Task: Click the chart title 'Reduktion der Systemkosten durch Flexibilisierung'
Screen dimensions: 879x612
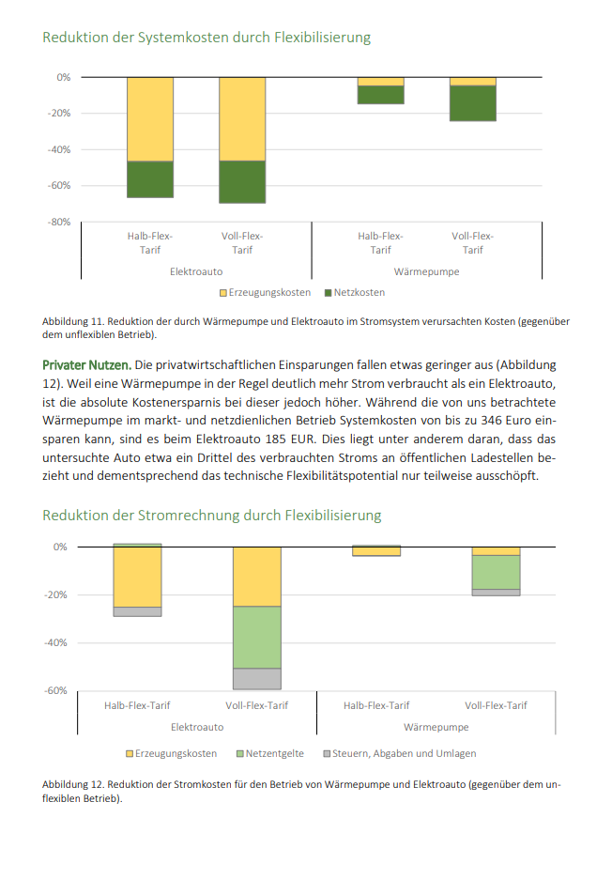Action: pos(207,38)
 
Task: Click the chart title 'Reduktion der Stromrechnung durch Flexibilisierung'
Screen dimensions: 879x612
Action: pos(212,516)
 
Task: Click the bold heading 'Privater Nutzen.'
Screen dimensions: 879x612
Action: pos(85,364)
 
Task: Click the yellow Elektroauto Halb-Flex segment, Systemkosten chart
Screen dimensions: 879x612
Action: pos(150,119)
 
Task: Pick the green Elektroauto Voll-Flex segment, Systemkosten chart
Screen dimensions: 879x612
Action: pos(242,182)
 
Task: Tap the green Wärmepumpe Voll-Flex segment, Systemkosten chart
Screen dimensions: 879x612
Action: pos(472,103)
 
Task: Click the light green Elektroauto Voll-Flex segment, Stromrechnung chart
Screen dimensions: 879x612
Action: pos(256,637)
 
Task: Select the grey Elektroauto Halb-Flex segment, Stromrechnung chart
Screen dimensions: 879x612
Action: pos(137,611)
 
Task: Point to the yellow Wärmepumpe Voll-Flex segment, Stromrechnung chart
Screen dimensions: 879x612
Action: pos(496,551)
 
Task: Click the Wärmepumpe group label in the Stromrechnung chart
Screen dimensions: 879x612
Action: pos(436,727)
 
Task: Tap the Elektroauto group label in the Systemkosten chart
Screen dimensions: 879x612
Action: pos(196,271)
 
